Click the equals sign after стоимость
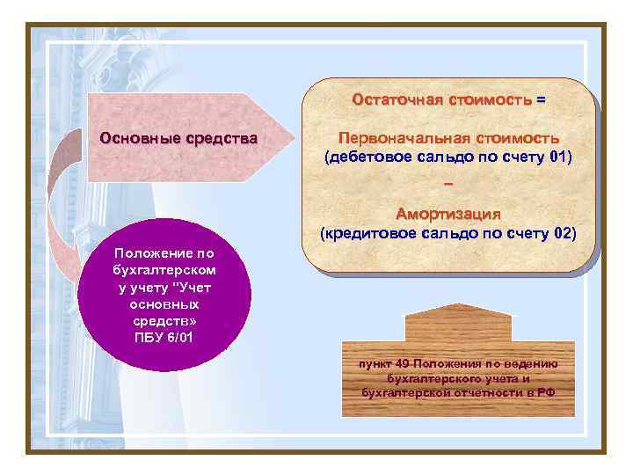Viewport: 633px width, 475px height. pos(540,99)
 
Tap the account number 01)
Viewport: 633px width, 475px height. pos(560,157)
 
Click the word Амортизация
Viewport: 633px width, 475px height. pos(448,213)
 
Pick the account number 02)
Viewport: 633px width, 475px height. pos(564,233)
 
